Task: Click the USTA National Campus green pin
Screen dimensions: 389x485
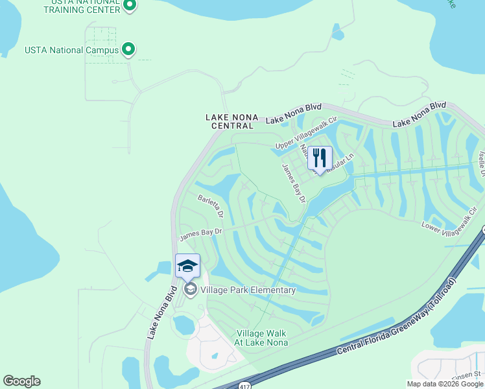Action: pyautogui.click(x=128, y=49)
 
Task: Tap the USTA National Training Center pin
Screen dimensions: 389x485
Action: pyautogui.click(x=130, y=6)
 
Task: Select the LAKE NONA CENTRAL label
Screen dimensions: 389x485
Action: pyautogui.click(x=231, y=121)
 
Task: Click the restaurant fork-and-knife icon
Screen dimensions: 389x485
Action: pyautogui.click(x=319, y=158)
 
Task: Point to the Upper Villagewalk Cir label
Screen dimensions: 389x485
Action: pyautogui.click(x=307, y=134)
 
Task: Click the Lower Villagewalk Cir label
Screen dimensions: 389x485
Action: pyautogui.click(x=449, y=221)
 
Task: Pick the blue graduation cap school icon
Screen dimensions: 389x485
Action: pyautogui.click(x=187, y=265)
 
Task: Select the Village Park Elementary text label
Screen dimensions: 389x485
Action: pyautogui.click(x=248, y=290)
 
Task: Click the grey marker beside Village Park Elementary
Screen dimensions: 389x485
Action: pyautogui.click(x=190, y=289)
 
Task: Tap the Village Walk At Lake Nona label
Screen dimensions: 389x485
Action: pyautogui.click(x=261, y=337)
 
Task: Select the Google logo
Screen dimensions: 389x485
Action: pyautogui.click(x=21, y=381)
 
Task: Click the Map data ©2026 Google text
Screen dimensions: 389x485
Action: pyautogui.click(x=445, y=384)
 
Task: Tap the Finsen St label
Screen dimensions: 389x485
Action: pyautogui.click(x=468, y=373)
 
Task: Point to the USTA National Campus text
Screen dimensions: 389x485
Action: pyautogui.click(x=71, y=50)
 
